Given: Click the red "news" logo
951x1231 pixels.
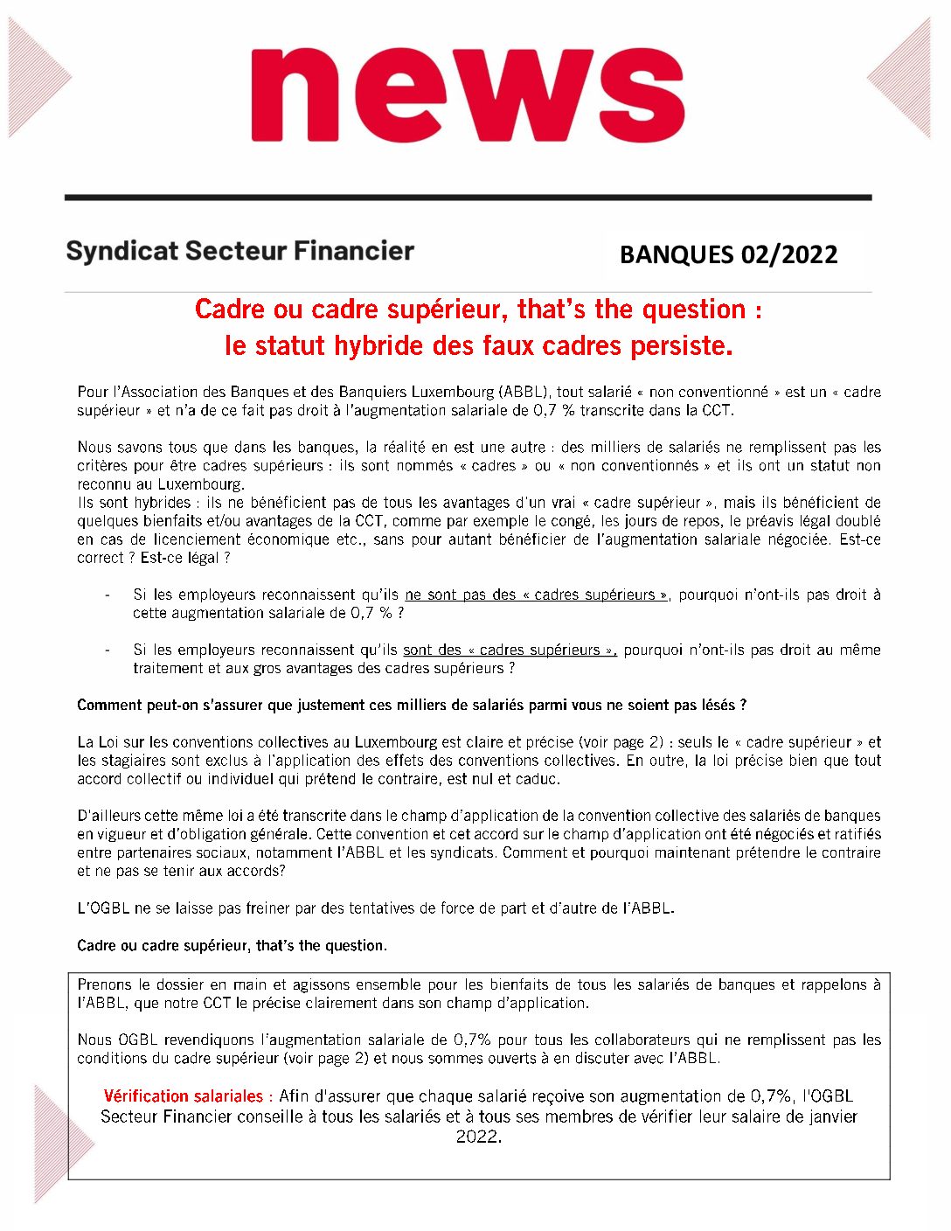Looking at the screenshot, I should (x=468, y=94).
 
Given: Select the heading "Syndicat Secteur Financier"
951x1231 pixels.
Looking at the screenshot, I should (x=239, y=252).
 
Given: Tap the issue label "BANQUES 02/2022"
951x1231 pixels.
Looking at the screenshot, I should (x=728, y=254).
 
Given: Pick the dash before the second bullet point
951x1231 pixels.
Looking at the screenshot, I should (x=107, y=650).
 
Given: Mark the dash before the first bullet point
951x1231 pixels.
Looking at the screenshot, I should (x=107, y=595).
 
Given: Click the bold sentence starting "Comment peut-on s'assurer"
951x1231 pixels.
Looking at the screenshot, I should (x=412, y=705).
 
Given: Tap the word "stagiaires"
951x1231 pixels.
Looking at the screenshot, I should (x=138, y=761).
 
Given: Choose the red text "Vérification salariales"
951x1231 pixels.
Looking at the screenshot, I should (x=184, y=1096).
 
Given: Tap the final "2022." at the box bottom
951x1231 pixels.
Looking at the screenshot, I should (x=479, y=1137).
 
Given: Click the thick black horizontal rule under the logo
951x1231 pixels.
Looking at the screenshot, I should (x=468, y=198).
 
